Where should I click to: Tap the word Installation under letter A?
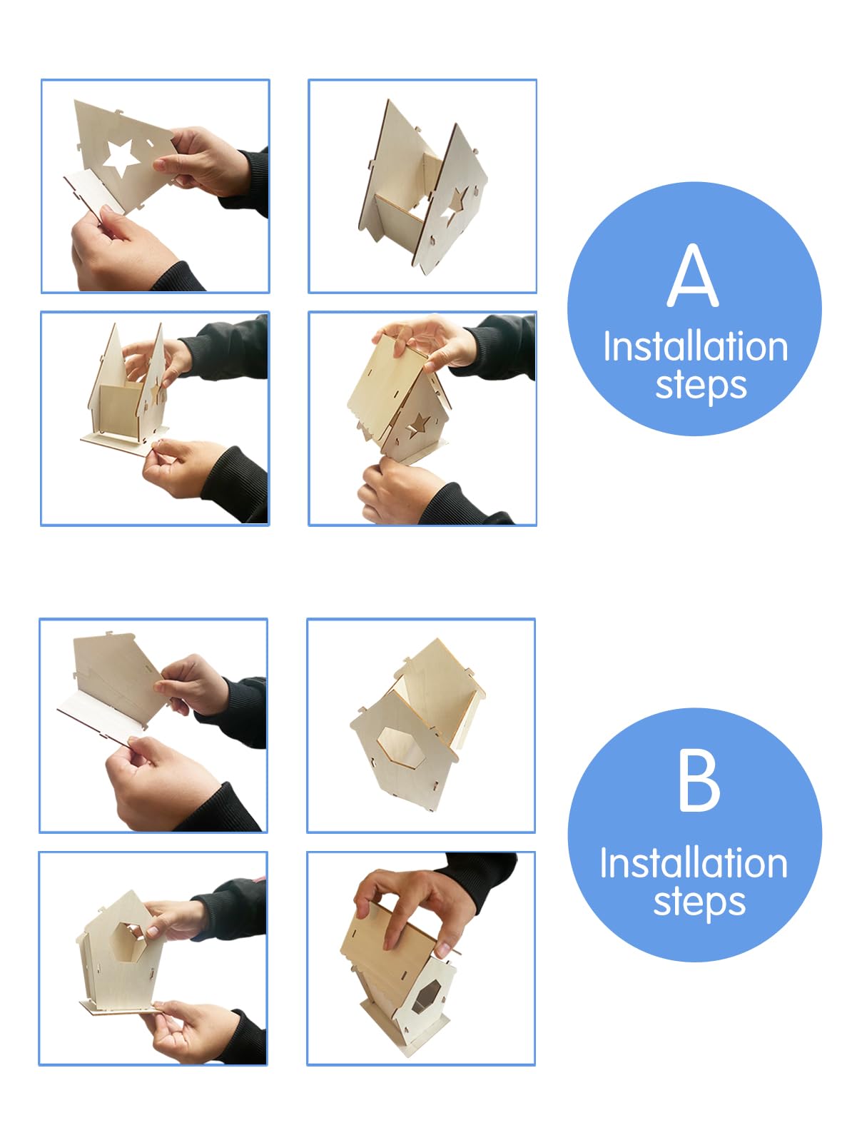pos(696,346)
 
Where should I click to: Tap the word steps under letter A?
pos(701,386)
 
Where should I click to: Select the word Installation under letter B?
pos(694,863)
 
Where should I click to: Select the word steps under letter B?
pos(699,902)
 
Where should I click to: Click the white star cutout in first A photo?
pos(122,158)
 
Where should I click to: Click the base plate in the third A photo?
pos(124,440)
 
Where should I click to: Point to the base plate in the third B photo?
pos(121,1007)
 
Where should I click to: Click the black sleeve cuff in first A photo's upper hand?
pos(250,182)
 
